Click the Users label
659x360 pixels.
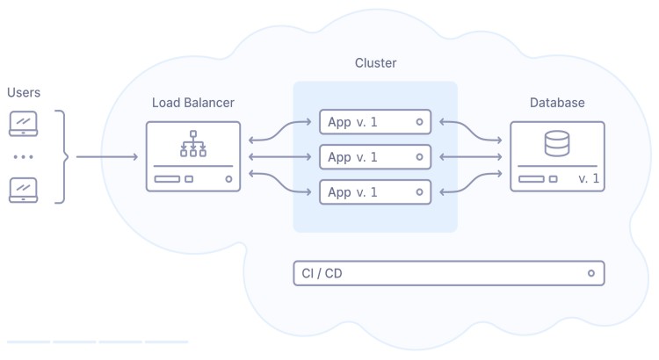click(24, 92)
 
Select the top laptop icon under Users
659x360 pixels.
click(23, 123)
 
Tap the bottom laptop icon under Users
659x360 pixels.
click(23, 190)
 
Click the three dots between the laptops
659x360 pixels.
click(23, 157)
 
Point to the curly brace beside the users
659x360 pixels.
click(61, 157)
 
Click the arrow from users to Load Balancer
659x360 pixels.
click(106, 157)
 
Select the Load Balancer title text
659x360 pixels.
click(192, 103)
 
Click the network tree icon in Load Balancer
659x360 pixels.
click(192, 144)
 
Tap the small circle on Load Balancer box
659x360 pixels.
click(228, 179)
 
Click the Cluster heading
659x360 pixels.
click(375, 63)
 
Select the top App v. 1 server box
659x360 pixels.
click(375, 122)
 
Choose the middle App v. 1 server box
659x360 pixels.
click(375, 157)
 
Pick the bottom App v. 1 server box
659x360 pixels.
click(375, 191)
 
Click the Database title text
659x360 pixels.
click(556, 103)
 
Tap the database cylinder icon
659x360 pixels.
click(556, 142)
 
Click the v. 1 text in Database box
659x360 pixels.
click(589, 179)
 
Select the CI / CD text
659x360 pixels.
click(322, 274)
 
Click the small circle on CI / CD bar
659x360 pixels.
click(591, 274)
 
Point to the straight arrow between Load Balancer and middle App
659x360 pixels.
click(280, 157)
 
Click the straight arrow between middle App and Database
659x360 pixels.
click(470, 157)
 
